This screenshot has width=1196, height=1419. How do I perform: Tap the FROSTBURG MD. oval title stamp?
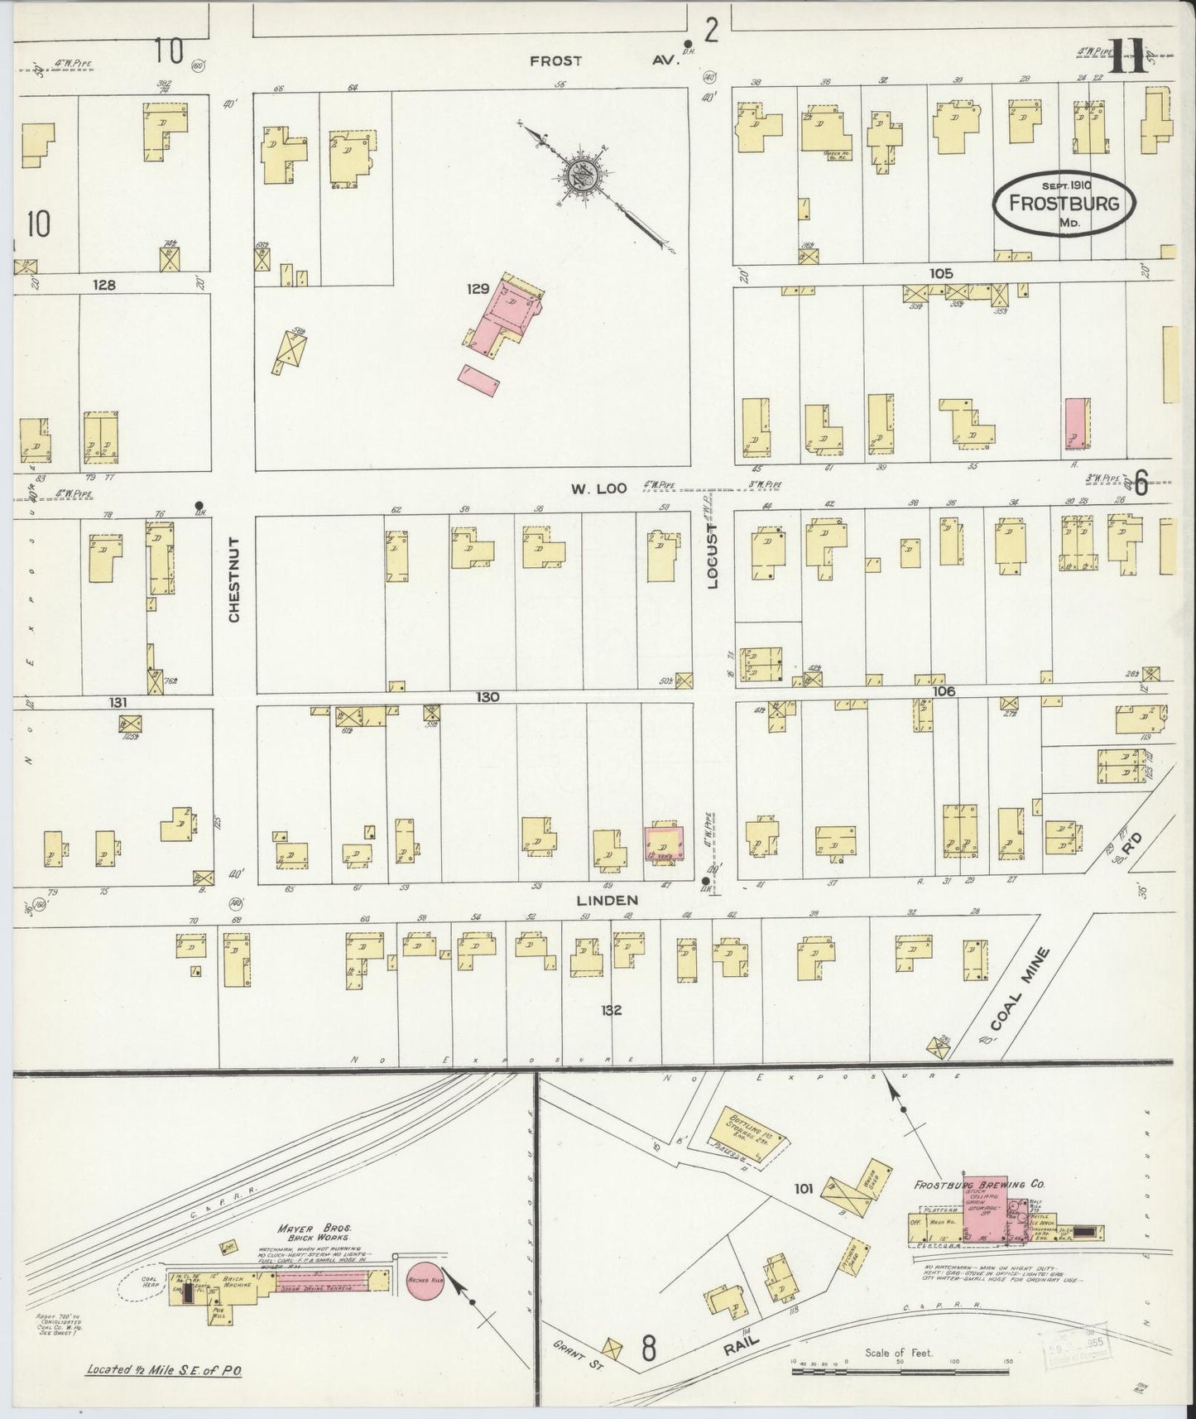pos(1064,204)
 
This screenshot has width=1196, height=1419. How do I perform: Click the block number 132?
pos(611,1010)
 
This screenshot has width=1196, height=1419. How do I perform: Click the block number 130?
pos(487,697)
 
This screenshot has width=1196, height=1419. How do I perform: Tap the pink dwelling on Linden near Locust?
pos(664,841)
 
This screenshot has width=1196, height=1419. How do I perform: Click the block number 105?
pos(941,273)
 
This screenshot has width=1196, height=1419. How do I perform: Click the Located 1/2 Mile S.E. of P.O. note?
pos(164,1370)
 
